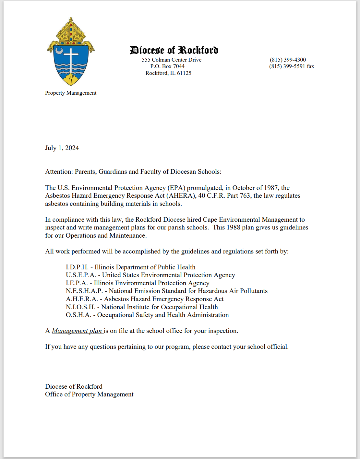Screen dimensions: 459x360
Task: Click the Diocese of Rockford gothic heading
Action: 174,50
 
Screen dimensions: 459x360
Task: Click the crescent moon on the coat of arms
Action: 59,51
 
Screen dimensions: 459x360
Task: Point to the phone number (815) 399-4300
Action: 288,60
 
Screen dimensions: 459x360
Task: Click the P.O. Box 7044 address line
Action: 167,66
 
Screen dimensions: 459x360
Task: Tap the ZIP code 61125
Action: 184,73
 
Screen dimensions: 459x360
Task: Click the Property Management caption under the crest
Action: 71,93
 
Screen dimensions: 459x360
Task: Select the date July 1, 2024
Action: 62,148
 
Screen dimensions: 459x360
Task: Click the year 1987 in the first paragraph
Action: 271,188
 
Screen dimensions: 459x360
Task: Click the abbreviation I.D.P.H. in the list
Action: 77,267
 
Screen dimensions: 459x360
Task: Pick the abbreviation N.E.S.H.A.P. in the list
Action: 84,291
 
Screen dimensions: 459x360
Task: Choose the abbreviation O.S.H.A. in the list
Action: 78,315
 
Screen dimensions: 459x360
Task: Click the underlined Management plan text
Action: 77,331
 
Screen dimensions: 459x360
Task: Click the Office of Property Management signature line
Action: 89,394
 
